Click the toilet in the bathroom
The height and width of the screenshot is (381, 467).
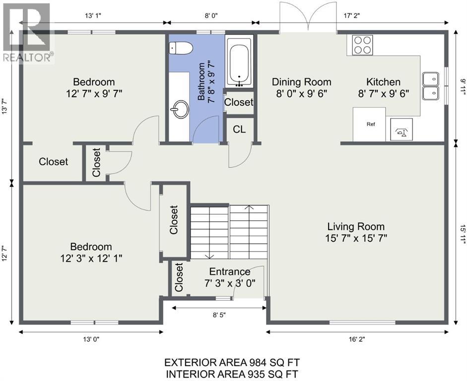(181, 48)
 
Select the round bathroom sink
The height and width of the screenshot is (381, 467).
(179, 109)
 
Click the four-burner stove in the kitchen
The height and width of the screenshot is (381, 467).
(362, 45)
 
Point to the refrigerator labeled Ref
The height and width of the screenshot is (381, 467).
(369, 125)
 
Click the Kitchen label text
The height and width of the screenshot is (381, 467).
(383, 82)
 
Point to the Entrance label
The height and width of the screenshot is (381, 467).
(230, 271)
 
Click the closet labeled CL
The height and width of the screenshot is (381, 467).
(240, 129)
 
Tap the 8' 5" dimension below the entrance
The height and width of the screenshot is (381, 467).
(219, 315)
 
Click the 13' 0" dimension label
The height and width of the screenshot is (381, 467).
(91, 339)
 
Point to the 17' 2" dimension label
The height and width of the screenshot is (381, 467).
(352, 16)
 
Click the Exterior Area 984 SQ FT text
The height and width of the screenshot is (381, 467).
(232, 363)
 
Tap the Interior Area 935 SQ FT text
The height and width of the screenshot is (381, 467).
(232, 374)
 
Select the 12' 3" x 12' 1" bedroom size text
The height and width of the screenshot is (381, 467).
(91, 258)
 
